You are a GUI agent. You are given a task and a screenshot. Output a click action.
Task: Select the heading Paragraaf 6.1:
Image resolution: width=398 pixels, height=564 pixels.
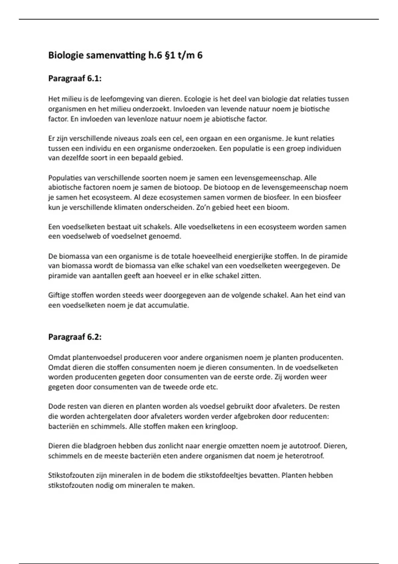[75, 79]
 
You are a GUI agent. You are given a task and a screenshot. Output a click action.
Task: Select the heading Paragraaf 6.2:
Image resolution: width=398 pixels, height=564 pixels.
[75, 337]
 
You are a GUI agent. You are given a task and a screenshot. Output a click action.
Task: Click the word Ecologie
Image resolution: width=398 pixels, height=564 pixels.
[196, 99]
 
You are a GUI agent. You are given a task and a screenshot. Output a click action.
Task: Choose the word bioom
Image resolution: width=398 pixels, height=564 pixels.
[280, 208]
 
